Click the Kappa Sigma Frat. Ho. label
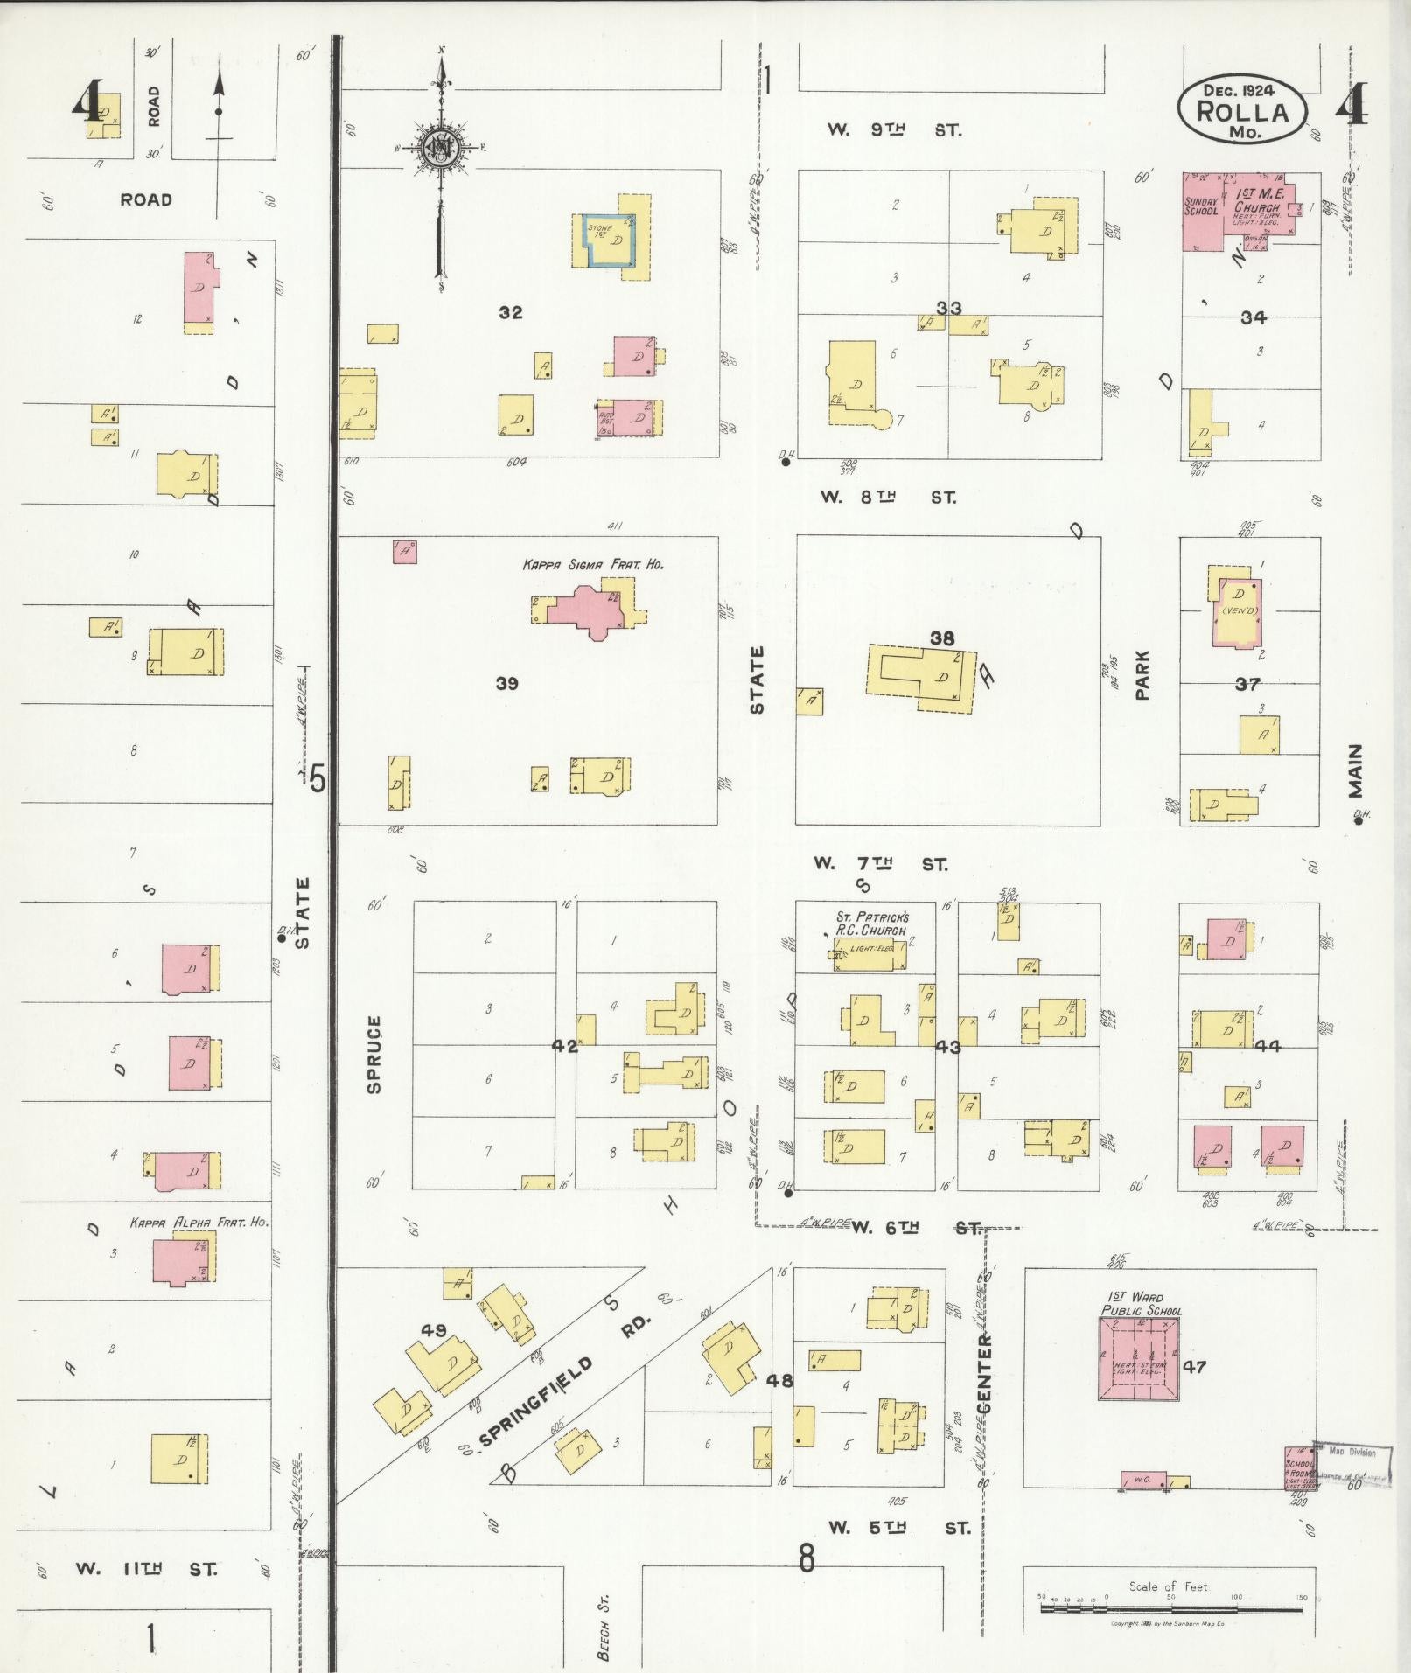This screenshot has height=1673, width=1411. tap(593, 565)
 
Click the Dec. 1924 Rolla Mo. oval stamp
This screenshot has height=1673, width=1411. tap(1242, 111)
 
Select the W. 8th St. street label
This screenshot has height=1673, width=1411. tap(888, 498)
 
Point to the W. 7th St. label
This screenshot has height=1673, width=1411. tap(880, 864)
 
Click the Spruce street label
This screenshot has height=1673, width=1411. tap(374, 1054)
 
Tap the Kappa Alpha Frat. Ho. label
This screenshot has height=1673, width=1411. tap(199, 1223)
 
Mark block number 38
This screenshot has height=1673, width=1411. tap(942, 638)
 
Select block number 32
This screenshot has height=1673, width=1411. tap(511, 312)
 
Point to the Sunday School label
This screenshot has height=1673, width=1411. tap(1200, 206)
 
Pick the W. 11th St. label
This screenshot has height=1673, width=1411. tap(145, 1568)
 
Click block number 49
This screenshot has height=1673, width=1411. tap(434, 1330)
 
